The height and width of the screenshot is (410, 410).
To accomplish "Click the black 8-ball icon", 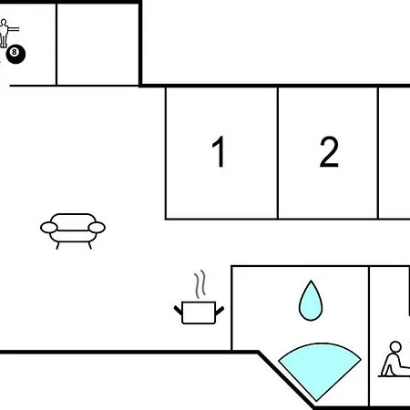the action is [15, 55].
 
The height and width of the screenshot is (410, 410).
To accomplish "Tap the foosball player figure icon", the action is [4, 34].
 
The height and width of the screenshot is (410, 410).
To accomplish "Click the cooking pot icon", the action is [199, 313].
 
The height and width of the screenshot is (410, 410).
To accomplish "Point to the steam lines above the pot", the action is [200, 284].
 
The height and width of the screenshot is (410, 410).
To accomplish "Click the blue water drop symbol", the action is [311, 301].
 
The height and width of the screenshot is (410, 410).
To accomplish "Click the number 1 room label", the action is [219, 151].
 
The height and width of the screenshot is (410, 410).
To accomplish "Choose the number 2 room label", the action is [329, 151].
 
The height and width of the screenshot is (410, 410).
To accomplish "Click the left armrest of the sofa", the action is [49, 228].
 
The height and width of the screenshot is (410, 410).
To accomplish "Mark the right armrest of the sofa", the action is [97, 228].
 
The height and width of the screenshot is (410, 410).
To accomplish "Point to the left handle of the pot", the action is [178, 311].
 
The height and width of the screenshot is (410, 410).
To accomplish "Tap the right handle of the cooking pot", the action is [220, 311].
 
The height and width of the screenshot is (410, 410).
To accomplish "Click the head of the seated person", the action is [395, 347].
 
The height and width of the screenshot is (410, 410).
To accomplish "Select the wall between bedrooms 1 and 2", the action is [278, 153].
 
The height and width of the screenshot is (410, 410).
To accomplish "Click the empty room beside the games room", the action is [97, 45].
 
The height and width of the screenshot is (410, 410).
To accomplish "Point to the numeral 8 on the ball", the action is [14, 52].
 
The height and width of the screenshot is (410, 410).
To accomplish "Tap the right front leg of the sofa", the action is [90, 246].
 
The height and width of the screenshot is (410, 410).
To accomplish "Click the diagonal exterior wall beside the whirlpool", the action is [286, 380].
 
